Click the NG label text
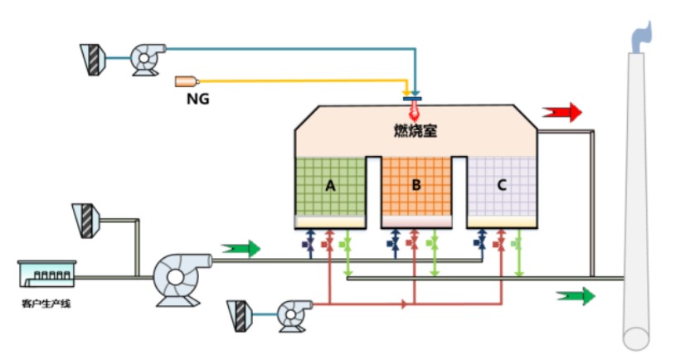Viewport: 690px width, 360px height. point(197,99)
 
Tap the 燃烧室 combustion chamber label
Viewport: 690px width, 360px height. point(414,129)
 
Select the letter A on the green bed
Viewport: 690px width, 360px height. point(330,186)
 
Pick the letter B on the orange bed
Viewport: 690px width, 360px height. point(415,186)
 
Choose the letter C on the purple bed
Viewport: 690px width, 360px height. point(501,186)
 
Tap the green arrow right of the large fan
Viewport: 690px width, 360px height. point(241,248)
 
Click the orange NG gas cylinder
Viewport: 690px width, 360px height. point(187,81)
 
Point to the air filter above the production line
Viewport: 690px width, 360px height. point(85,218)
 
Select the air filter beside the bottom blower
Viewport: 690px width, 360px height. point(240,314)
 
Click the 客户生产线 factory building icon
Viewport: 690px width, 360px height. point(46,273)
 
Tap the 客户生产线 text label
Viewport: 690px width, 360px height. point(46,304)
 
